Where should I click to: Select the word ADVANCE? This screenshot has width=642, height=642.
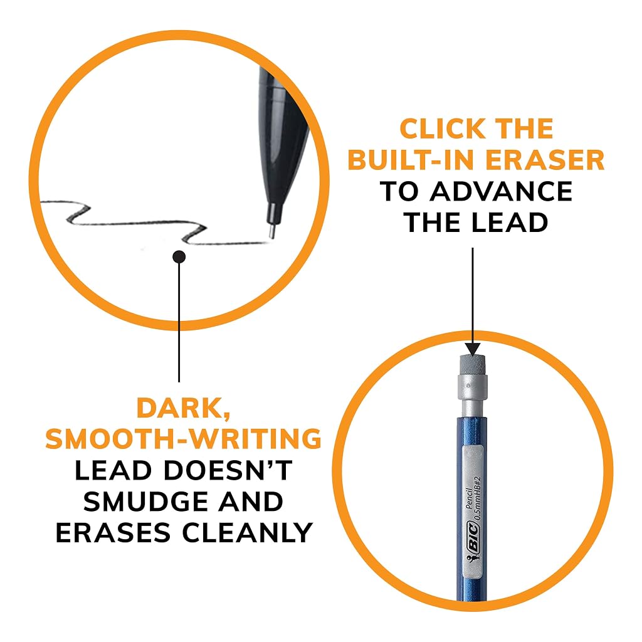(501, 191)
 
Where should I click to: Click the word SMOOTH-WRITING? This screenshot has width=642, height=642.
(183, 439)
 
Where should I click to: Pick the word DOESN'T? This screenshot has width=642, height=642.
(228, 470)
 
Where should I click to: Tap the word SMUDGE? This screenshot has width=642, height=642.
(146, 502)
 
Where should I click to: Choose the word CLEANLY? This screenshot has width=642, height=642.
(248, 533)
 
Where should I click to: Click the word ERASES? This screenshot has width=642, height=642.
(113, 533)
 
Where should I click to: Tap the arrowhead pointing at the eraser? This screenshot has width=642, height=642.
(473, 350)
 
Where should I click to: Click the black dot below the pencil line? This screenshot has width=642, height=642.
(179, 257)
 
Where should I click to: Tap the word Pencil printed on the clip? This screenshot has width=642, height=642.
(470, 498)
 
